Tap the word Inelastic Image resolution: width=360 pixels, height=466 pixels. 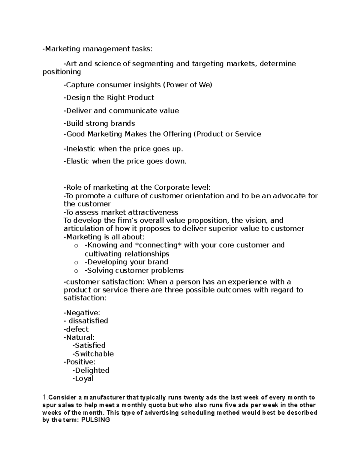point(80,149)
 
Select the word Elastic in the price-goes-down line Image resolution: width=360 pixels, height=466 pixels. point(77,161)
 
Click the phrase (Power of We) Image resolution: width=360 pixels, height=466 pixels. point(187,85)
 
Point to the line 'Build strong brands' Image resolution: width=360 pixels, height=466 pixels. point(99,123)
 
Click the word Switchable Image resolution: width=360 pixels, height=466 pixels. point(94,354)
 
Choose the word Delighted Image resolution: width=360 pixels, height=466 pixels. point(92,370)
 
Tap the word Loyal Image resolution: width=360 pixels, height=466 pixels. point(84,378)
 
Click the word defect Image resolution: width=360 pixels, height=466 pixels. point(77,329)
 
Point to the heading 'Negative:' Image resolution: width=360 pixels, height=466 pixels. point(82,313)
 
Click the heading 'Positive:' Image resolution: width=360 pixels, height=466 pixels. point(79,362)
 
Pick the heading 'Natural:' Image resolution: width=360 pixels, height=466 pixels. point(79,337)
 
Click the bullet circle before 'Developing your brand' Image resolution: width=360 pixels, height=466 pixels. point(76,263)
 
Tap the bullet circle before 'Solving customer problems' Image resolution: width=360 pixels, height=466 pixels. point(76,271)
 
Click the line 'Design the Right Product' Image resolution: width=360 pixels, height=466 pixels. point(109,98)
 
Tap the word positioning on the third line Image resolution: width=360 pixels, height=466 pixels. point(62,72)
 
